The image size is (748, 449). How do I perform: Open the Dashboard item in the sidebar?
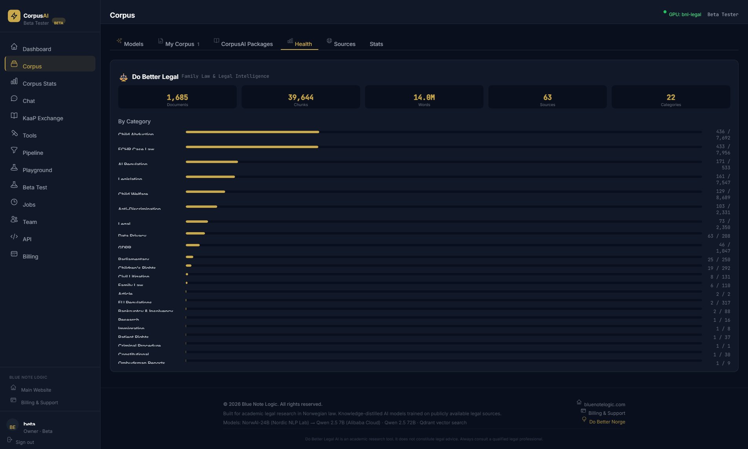pyautogui.click(x=37, y=49)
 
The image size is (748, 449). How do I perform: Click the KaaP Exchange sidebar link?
pyautogui.click(x=43, y=118)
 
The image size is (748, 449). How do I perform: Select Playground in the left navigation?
pyautogui.click(x=37, y=170)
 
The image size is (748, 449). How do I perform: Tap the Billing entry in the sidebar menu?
pyautogui.click(x=30, y=257)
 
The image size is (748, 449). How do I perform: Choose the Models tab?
pyautogui.click(x=133, y=44)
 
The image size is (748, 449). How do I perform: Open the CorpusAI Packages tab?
pyautogui.click(x=247, y=44)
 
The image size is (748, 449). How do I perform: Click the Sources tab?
pyautogui.click(x=344, y=44)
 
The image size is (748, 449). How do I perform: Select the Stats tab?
pyautogui.click(x=376, y=44)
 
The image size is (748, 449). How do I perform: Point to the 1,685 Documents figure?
pyautogui.click(x=177, y=97)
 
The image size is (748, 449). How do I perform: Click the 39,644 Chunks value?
pyautogui.click(x=301, y=97)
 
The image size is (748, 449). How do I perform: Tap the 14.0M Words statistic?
pyautogui.click(x=424, y=97)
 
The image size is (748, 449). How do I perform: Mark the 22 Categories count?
pyautogui.click(x=671, y=97)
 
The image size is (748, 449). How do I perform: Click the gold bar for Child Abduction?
pyautogui.click(x=252, y=132)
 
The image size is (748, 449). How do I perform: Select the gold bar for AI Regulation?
pyautogui.click(x=212, y=162)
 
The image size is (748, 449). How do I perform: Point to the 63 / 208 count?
pyautogui.click(x=719, y=236)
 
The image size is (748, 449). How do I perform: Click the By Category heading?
pyautogui.click(x=134, y=121)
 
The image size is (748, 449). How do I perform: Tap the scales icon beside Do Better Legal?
pyautogui.click(x=124, y=77)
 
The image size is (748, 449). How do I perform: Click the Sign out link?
pyautogui.click(x=25, y=442)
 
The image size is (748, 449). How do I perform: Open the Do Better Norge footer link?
pyautogui.click(x=607, y=422)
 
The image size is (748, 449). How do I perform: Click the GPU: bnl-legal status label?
pyautogui.click(x=685, y=15)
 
